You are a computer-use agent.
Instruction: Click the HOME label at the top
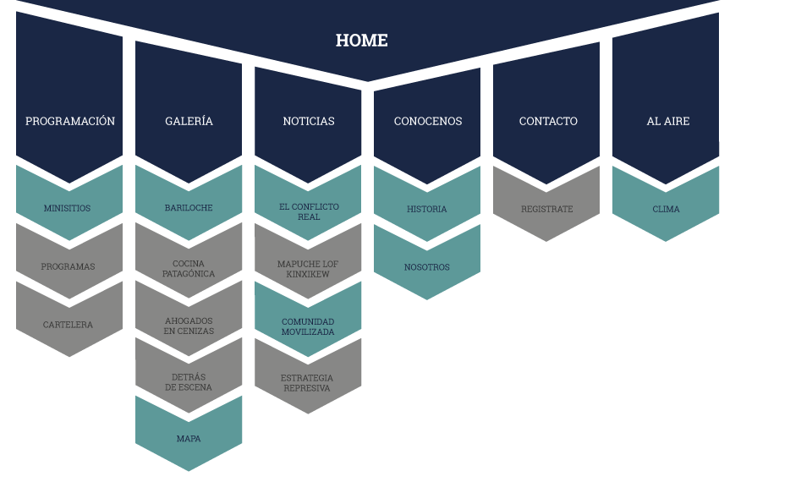coord(361,41)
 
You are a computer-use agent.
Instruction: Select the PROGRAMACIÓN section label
coord(69,121)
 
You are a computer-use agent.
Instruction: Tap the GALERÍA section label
coord(189,121)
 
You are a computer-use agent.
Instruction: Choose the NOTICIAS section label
coord(308,121)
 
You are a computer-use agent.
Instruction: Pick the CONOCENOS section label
coord(427,121)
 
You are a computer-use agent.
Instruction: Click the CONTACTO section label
coord(547,121)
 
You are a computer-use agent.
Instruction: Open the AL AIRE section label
coord(667,121)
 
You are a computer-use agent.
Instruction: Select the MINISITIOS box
coord(68,208)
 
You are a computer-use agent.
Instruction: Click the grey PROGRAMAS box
coord(68,266)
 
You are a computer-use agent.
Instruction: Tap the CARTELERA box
coord(68,325)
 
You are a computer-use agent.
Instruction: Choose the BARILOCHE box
coord(189,208)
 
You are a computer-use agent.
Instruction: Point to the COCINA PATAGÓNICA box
coord(189,269)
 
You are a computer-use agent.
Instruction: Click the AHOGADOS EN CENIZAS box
coord(189,326)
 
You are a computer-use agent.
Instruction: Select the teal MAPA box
coord(189,439)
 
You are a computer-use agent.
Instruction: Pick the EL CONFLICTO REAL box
coord(308,211)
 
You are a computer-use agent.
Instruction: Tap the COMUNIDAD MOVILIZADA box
coord(308,326)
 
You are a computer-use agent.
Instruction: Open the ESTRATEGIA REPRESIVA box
coord(308,383)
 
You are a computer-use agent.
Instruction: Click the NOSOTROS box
coord(427,267)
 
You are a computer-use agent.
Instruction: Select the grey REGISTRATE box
coord(546,209)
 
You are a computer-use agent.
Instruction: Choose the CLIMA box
coord(666,209)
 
